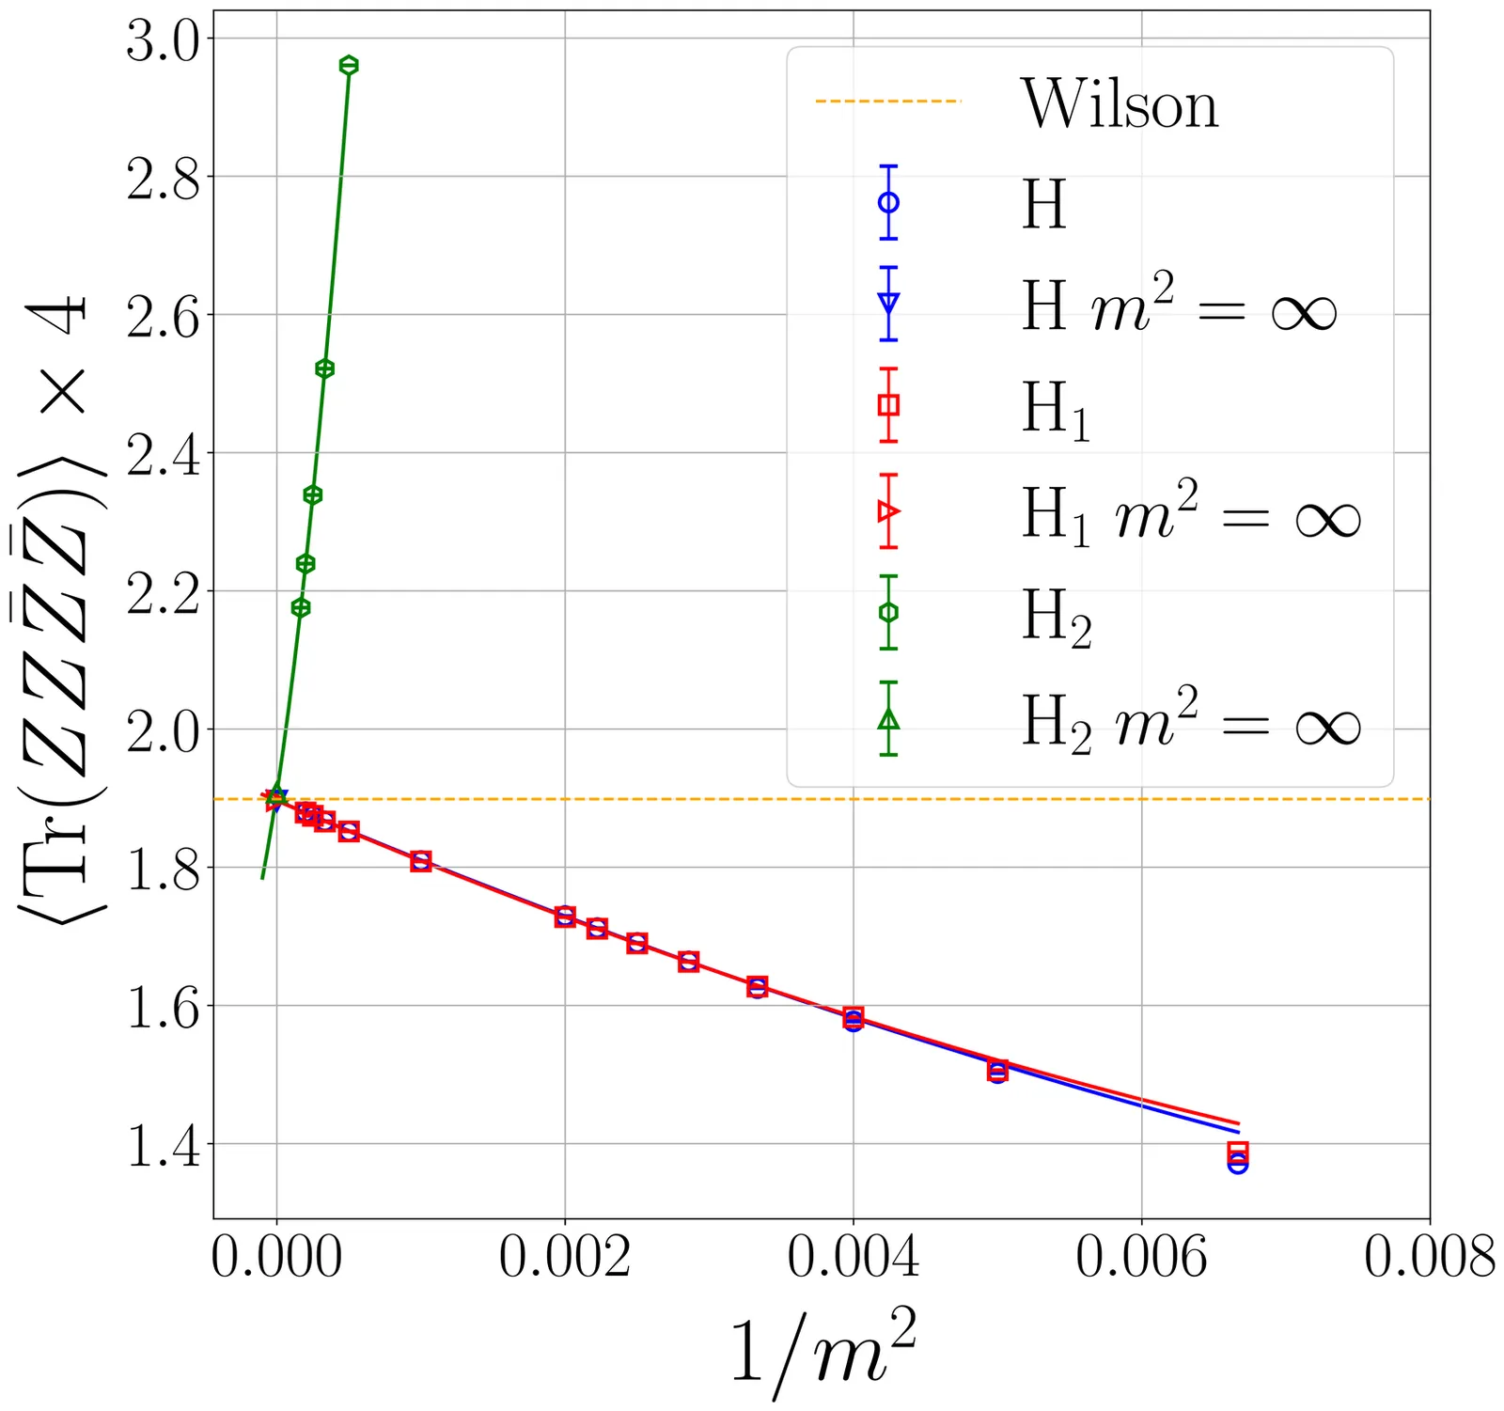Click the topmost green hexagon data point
(349, 65)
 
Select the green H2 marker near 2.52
(324, 368)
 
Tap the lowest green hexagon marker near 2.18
(301, 607)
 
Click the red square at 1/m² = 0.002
(565, 917)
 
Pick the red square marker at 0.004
(854, 1016)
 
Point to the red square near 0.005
(998, 1069)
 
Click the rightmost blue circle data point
(1238, 1164)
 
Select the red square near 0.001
(421, 861)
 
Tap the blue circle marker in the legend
(888, 202)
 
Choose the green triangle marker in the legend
(888, 720)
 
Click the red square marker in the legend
(888, 405)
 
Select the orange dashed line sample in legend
(888, 101)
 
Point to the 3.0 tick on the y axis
(163, 42)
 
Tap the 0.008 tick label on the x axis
(1429, 1258)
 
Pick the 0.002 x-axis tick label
(564, 1258)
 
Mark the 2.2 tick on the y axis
(163, 595)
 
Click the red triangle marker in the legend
(888, 511)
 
